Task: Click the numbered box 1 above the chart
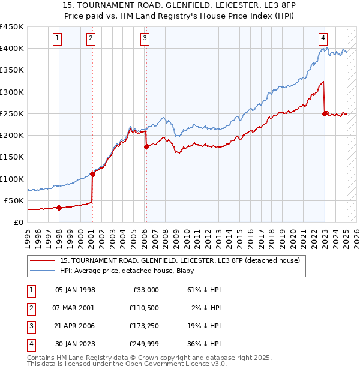pyautogui.click(x=57, y=38)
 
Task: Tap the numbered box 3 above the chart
pyautogui.click(x=145, y=38)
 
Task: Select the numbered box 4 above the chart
pyautogui.click(x=323, y=38)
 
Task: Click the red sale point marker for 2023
pyautogui.click(x=325, y=113)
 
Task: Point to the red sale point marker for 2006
pyautogui.click(x=146, y=146)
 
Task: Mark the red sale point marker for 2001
pyautogui.click(x=92, y=174)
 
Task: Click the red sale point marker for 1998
pyautogui.click(x=59, y=208)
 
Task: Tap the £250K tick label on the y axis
pyautogui.click(x=12, y=113)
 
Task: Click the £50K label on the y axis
pyautogui.click(x=14, y=200)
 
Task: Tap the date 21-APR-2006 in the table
pyautogui.click(x=75, y=326)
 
